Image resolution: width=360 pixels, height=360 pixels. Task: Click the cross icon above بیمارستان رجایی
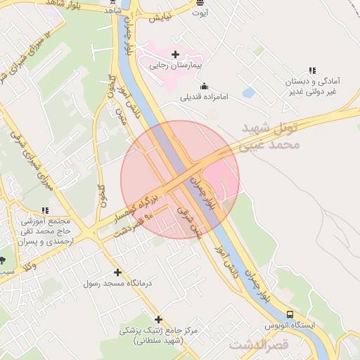(x=175, y=54)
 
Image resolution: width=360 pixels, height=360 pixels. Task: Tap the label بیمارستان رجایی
(x=175, y=65)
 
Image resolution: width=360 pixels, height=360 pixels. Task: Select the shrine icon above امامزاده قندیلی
(x=204, y=86)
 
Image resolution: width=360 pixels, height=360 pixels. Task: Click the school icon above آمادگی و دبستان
(x=311, y=70)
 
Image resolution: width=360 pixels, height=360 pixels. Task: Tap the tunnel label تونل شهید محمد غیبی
(x=271, y=137)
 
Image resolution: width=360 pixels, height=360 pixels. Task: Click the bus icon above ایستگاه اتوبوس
(x=290, y=314)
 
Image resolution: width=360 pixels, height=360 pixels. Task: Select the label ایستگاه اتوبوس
(x=290, y=326)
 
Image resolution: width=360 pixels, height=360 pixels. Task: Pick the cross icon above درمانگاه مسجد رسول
(x=117, y=272)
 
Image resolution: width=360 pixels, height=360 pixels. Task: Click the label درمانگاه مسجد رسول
(x=117, y=283)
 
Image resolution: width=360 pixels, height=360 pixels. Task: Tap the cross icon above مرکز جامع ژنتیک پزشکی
(x=158, y=319)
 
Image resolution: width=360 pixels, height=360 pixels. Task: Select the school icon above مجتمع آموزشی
(x=46, y=210)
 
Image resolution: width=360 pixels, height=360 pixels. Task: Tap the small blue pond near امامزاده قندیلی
(x=248, y=92)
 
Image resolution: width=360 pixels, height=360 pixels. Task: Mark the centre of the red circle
(x=180, y=179)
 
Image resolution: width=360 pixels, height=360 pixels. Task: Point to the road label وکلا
(x=30, y=265)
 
